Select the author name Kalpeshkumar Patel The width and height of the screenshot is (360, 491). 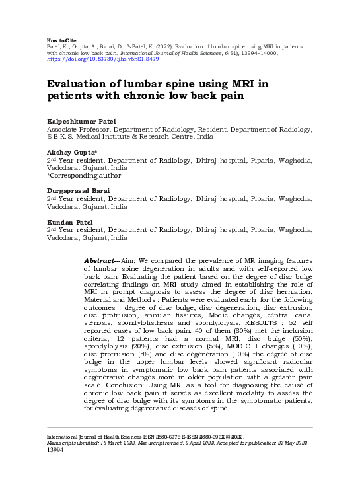[77, 123]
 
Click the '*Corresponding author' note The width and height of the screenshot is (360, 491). [83, 176]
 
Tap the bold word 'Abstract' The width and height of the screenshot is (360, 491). [100, 261]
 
